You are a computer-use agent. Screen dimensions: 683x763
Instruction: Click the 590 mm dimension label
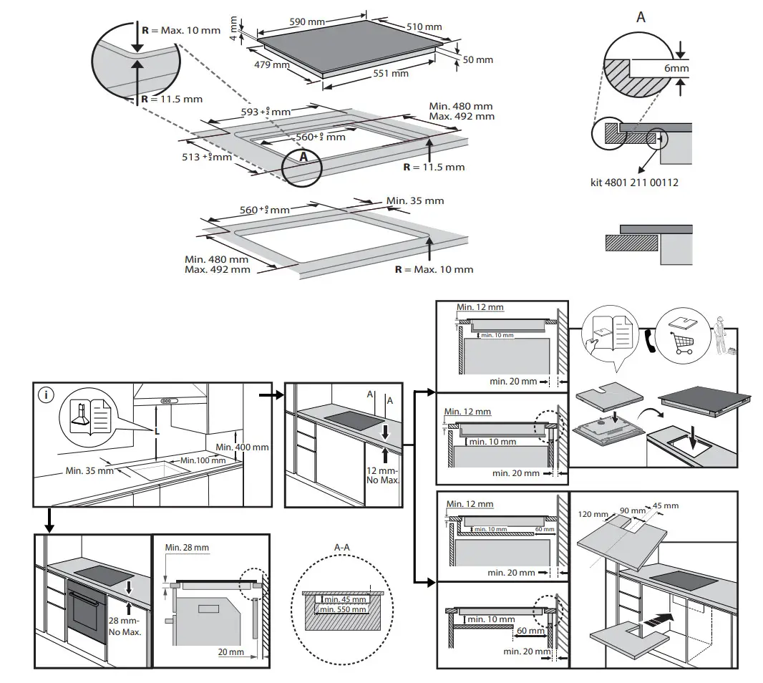click(x=307, y=22)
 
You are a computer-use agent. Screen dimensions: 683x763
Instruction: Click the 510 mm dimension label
click(x=424, y=27)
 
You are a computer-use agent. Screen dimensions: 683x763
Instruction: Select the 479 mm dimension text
click(x=271, y=65)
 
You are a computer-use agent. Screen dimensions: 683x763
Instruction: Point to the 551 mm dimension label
click(x=390, y=73)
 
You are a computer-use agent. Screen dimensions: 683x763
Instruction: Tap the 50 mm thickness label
click(x=477, y=60)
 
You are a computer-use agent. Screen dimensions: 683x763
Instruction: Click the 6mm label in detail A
click(x=676, y=69)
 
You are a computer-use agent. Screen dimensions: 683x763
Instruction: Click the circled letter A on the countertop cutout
click(x=302, y=158)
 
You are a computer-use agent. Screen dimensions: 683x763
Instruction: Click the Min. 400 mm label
click(x=243, y=447)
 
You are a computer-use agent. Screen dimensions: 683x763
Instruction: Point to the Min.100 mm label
click(x=203, y=460)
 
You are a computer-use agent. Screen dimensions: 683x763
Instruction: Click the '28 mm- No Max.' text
click(x=125, y=626)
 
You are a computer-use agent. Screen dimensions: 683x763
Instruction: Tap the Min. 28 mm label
click(x=187, y=548)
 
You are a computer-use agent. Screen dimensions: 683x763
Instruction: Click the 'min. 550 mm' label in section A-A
click(x=343, y=609)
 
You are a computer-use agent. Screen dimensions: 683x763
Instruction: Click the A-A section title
click(x=342, y=548)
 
